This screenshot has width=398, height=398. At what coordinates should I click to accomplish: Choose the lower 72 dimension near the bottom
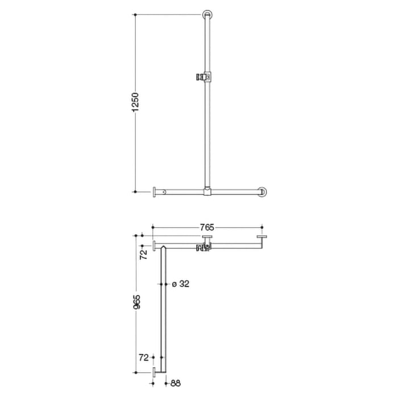point(144,358)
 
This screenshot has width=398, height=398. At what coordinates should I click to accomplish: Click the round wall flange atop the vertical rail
point(207,15)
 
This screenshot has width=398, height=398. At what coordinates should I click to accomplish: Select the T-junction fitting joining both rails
point(207,192)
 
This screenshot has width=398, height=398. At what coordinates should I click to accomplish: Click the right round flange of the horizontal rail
point(263,192)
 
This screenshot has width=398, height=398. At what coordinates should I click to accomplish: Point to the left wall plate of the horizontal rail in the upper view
point(155,192)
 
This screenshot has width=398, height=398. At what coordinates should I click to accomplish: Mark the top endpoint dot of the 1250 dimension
point(135,15)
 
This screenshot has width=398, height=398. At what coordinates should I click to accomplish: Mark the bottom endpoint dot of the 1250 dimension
point(135,192)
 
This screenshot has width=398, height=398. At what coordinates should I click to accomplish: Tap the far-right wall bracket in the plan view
point(262,237)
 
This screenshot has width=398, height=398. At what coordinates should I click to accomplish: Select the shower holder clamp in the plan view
point(204,246)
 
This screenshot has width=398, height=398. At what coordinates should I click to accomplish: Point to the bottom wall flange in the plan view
point(154,372)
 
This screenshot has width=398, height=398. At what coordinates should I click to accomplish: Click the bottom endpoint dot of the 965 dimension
point(135,372)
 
